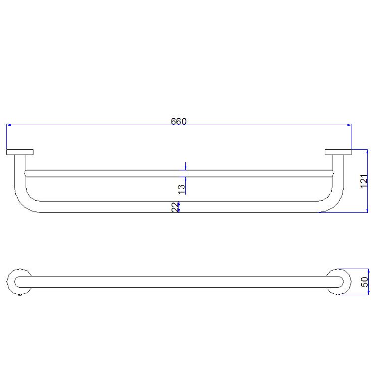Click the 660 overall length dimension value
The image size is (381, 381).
pyautogui.click(x=178, y=121)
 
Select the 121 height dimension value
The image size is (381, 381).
pyautogui.click(x=364, y=181)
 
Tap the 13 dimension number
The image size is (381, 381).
pyautogui.click(x=181, y=188)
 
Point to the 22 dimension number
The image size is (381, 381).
pyautogui.click(x=174, y=208)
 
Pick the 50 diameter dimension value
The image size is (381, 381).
pyautogui.click(x=365, y=282)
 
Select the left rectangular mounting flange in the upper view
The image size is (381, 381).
pyautogui.click(x=20, y=152)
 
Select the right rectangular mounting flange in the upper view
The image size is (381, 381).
pyautogui.click(x=338, y=152)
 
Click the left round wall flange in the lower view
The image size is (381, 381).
pyautogui.click(x=19, y=282)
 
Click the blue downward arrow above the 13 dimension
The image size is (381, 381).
pyautogui.click(x=185, y=166)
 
